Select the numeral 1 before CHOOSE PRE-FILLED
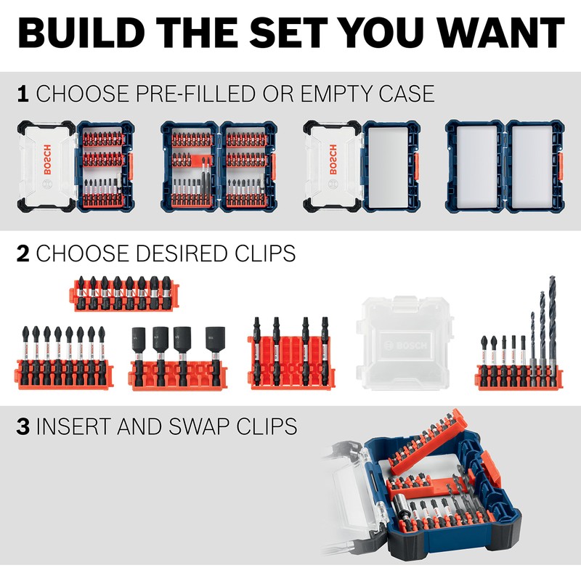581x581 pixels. click(23, 94)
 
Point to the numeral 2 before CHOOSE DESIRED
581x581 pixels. click(23, 253)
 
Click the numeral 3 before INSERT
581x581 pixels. click(23, 426)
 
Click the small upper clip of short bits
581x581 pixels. click(123, 291)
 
